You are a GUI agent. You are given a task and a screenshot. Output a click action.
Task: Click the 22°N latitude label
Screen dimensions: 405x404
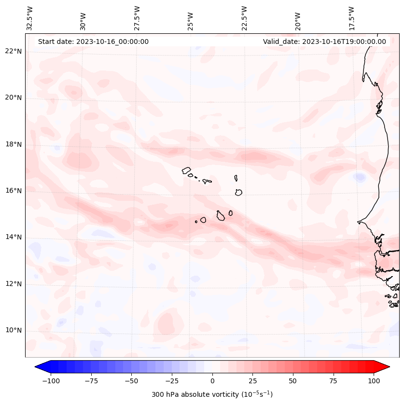(13, 51)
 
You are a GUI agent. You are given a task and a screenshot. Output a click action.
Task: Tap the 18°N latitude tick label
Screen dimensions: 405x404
(13, 144)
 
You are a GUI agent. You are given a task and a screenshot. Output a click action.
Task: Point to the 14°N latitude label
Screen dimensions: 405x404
(13, 237)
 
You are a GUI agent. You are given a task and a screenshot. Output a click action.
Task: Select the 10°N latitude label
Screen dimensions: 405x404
(13, 331)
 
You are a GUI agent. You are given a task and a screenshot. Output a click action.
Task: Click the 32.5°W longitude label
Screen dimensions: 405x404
(30, 18)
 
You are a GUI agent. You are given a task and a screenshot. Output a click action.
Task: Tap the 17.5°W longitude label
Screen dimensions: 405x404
(351, 18)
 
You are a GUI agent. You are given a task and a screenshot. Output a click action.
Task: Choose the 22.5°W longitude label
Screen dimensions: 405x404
(244, 18)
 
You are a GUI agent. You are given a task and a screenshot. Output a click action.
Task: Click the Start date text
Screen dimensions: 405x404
(93, 42)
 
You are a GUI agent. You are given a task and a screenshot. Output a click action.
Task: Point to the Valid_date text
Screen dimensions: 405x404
(324, 42)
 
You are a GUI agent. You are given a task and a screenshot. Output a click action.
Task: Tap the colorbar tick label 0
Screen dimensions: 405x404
(212, 381)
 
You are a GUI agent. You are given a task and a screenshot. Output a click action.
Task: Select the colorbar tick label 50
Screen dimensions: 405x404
(293, 381)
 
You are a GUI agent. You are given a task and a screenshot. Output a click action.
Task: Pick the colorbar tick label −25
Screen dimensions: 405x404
(172, 381)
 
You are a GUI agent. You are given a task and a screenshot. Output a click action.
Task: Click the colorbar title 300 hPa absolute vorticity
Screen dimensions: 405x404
(212, 394)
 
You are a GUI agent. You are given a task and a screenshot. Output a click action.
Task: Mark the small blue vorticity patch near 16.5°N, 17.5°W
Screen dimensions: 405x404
(360, 178)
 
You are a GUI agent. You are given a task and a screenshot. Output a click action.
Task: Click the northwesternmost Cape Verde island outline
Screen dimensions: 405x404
(187, 170)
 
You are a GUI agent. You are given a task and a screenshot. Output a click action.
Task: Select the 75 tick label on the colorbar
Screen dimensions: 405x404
(333, 381)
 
